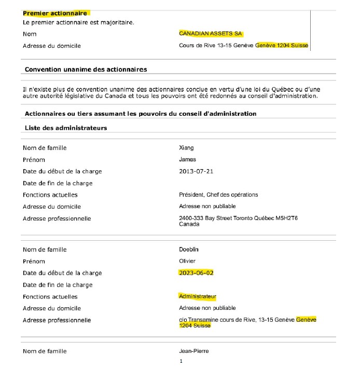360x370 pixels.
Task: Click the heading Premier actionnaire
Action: pyautogui.click(x=55, y=13)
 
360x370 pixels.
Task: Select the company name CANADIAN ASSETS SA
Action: pyautogui.click(x=211, y=33)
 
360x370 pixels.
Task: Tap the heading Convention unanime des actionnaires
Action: pyautogui.click(x=86, y=69)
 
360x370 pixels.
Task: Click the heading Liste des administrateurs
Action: pyautogui.click(x=66, y=128)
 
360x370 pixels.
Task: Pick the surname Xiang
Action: pyautogui.click(x=186, y=148)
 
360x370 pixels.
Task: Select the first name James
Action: pyautogui.click(x=187, y=160)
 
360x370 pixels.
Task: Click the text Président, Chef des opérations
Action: pyautogui.click(x=218, y=195)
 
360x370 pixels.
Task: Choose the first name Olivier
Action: pyautogui.click(x=187, y=261)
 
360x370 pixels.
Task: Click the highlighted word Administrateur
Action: pyautogui.click(x=197, y=296)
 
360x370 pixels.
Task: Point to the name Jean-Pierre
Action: pyautogui.click(x=193, y=351)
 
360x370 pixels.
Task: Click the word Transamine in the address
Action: pyautogui.click(x=203, y=320)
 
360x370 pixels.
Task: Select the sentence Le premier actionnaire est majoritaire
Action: pyautogui.click(x=78, y=22)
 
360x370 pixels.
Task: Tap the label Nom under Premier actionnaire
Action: pyautogui.click(x=30, y=34)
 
